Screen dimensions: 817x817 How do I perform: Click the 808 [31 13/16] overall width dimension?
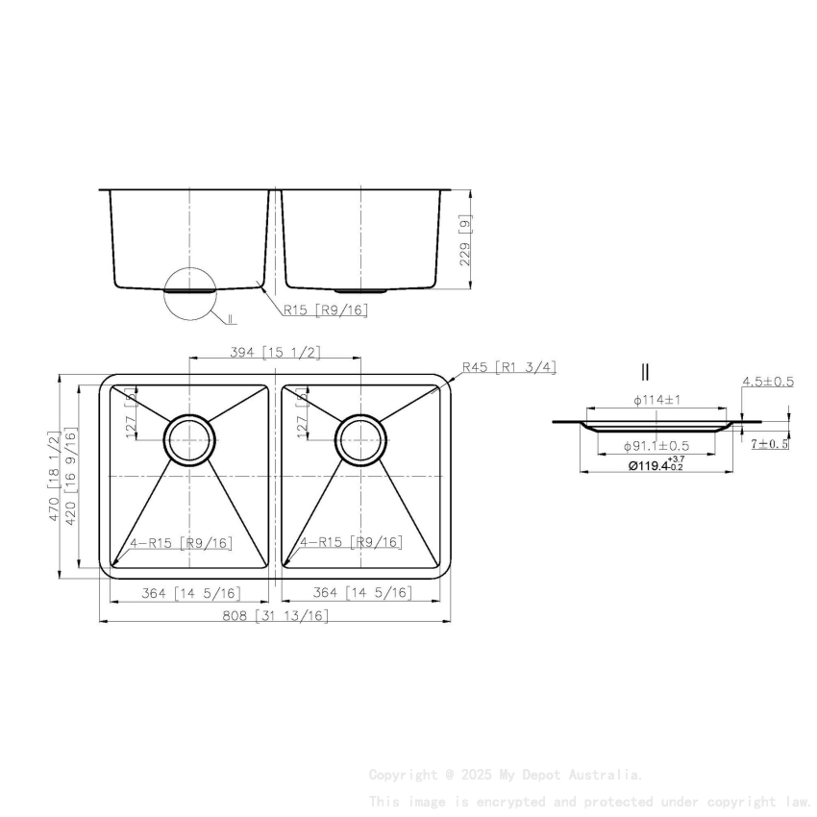[276, 615]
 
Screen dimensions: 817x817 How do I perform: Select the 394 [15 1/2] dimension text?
[276, 353]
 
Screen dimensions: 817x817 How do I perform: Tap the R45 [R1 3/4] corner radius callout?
[508, 367]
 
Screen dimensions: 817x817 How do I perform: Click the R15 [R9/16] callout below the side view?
[325, 309]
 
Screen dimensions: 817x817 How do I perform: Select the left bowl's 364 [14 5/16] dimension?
[190, 592]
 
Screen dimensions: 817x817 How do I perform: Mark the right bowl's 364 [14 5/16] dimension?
[360, 592]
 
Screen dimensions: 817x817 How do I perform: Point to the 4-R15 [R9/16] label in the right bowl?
[350, 543]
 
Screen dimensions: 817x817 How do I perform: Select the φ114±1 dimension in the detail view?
[657, 399]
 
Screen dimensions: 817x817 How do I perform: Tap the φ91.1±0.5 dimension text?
[656, 446]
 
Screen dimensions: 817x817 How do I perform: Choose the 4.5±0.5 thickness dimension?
[767, 382]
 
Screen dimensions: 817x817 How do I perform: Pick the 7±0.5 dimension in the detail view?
[770, 444]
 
